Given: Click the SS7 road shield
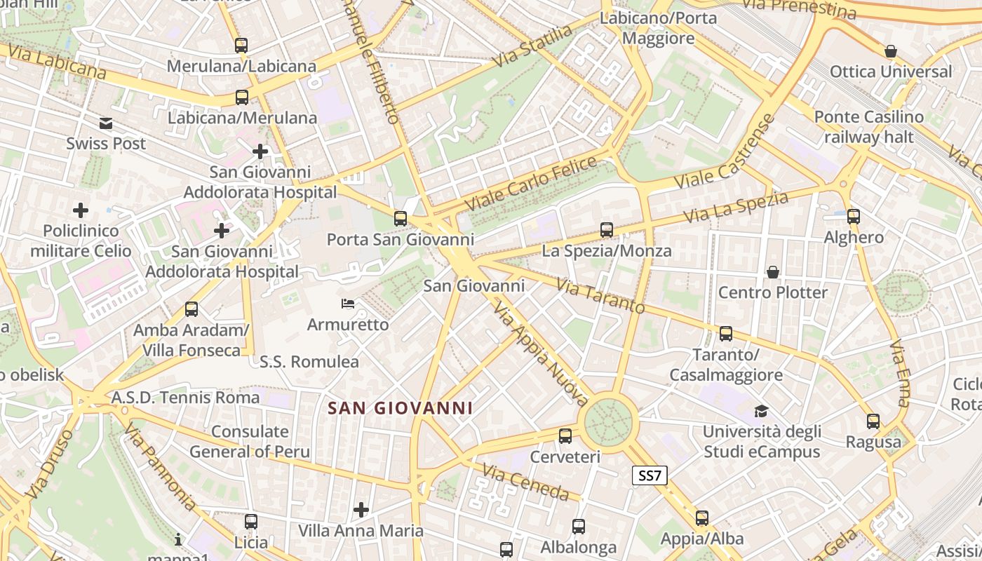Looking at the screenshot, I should click(649, 476).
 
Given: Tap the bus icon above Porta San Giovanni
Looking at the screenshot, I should click(401, 219).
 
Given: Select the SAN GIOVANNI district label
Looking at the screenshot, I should click(401, 408).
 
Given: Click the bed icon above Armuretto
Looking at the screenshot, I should click(347, 304).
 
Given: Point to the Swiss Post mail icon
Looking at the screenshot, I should click(106, 123).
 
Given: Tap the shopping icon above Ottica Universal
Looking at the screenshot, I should click(891, 51).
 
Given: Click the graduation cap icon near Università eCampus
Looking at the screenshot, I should click(761, 411).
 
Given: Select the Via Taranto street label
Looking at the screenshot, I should click(600, 296).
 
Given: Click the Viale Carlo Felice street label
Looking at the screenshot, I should click(531, 184).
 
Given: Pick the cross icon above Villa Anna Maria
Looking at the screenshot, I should click(361, 510).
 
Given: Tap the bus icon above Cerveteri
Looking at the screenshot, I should click(565, 436).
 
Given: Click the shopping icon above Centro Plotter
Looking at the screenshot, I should click(773, 271).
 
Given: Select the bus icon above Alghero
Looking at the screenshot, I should click(854, 217).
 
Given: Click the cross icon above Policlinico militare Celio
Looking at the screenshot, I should click(81, 210).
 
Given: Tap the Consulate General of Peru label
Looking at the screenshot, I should click(250, 442).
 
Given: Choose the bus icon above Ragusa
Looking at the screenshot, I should click(873, 421).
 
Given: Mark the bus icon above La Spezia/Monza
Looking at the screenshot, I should click(607, 230).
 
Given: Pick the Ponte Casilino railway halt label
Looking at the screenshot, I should click(869, 126).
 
